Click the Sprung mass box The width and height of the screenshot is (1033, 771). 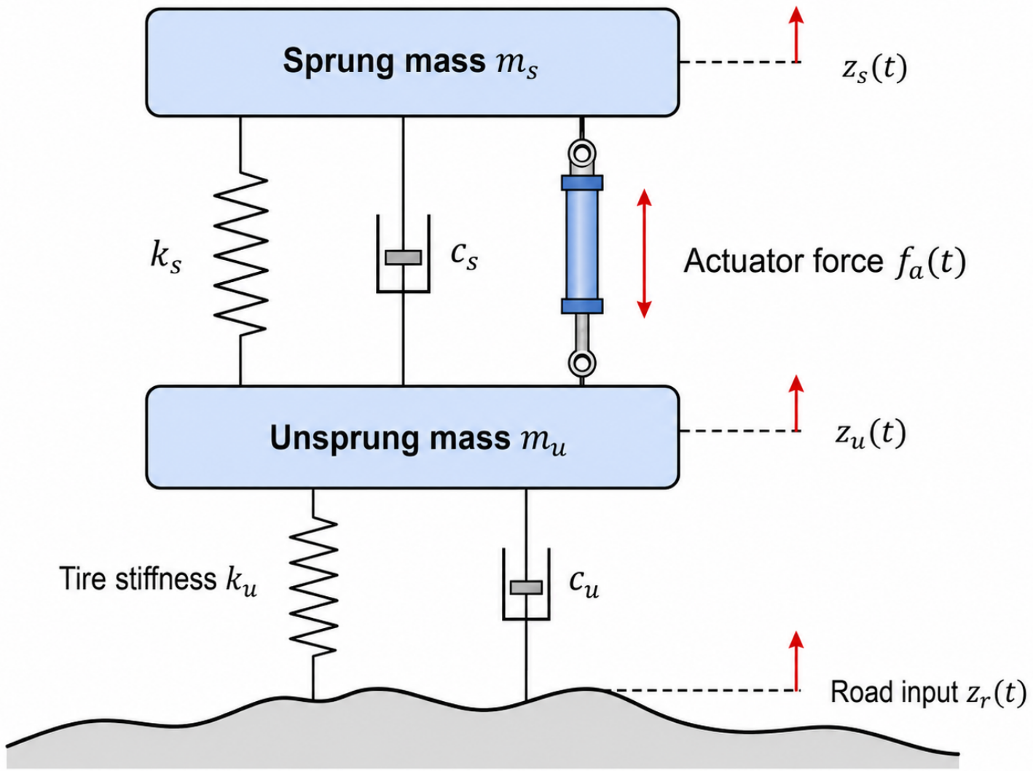tap(412, 62)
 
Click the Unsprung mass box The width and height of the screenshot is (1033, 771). tap(412, 437)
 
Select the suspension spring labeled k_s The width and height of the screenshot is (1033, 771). tap(241, 254)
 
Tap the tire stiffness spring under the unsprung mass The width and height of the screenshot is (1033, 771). tap(313, 587)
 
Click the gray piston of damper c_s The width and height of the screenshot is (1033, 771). tap(404, 257)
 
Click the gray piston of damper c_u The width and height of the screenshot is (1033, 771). tap(526, 587)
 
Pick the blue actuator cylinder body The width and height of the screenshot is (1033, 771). tap(582, 244)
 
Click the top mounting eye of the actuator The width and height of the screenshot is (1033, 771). tap(582, 153)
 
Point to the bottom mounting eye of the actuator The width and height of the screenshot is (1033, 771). tap(582, 364)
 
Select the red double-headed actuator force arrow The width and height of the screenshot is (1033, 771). tap(644, 253)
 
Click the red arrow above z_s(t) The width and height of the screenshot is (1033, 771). tap(796, 34)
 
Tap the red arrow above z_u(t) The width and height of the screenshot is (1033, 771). tap(796, 403)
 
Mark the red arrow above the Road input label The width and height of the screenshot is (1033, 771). tap(796, 661)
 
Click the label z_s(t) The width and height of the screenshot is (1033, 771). tap(874, 69)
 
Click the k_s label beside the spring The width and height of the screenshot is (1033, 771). tap(165, 258)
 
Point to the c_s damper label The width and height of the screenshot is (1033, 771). tap(464, 257)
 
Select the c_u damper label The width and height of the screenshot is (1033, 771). tap(584, 585)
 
